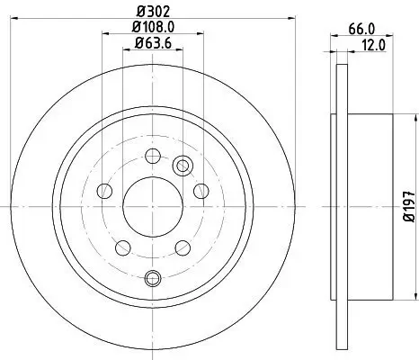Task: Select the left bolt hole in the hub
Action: (x=104, y=191)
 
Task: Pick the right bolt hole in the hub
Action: (x=201, y=190)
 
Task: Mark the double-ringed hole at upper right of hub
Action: (x=183, y=165)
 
